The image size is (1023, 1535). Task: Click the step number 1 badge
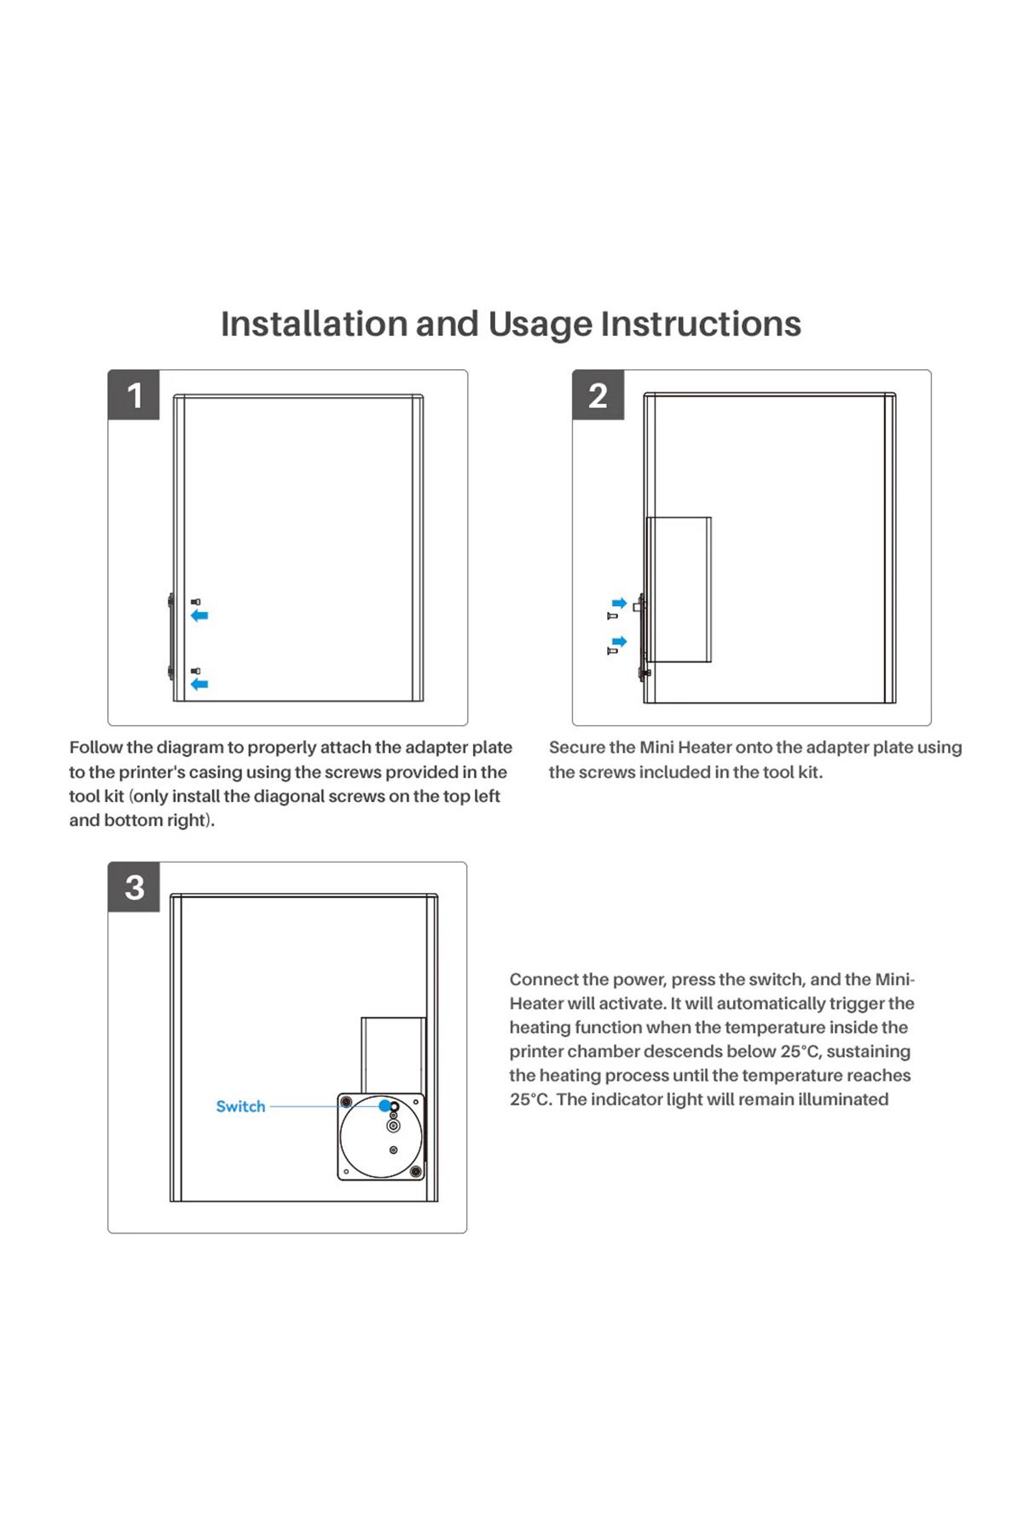click(x=134, y=395)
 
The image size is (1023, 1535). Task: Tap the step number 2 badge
click(x=598, y=395)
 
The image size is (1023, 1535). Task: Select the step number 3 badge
click(x=134, y=887)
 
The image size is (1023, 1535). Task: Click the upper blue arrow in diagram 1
click(x=199, y=615)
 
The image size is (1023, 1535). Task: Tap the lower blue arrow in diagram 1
click(x=199, y=684)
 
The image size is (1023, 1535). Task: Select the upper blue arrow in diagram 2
click(x=620, y=603)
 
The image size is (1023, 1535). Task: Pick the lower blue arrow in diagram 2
click(x=620, y=641)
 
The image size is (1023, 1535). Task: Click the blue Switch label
click(x=240, y=1106)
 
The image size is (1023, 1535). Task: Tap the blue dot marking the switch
click(x=385, y=1105)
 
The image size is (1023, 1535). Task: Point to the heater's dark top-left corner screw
click(x=347, y=1103)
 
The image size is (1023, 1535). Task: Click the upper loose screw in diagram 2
click(x=611, y=615)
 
